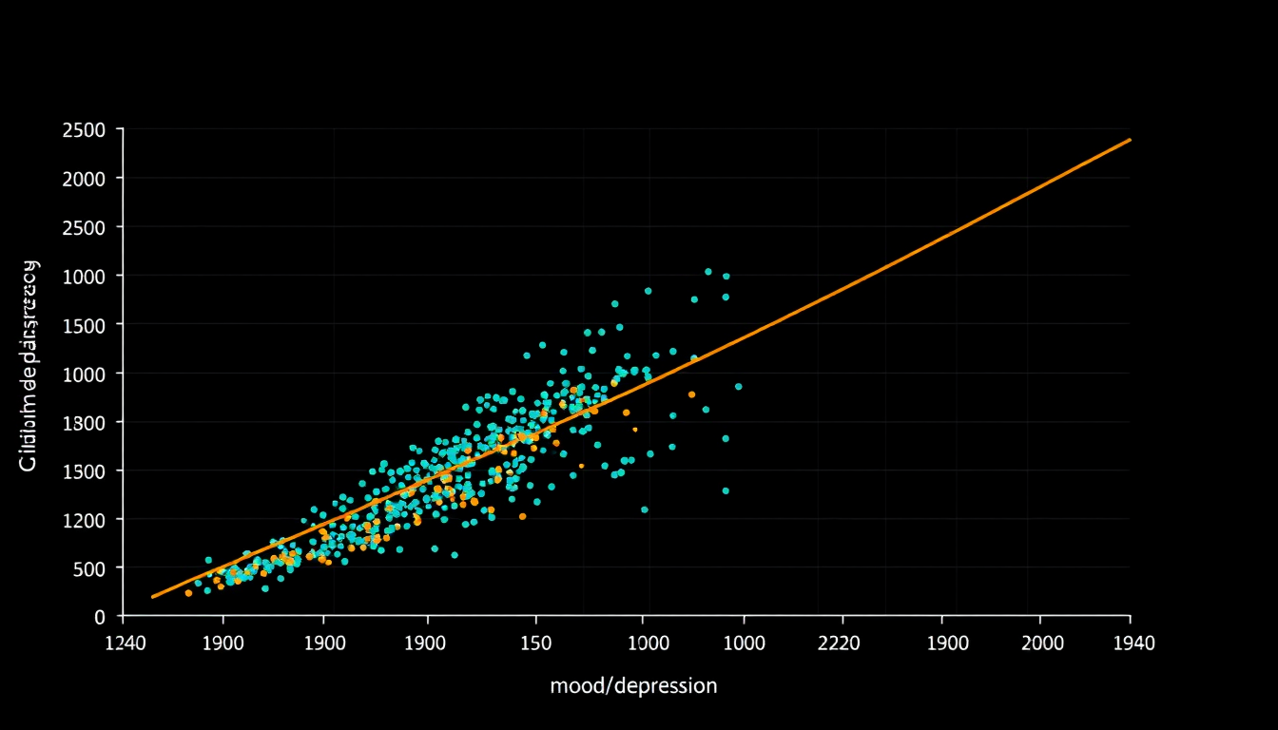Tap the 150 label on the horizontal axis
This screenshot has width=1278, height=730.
tap(535, 644)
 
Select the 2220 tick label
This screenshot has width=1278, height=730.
tap(838, 644)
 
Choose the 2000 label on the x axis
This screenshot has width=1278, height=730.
tap(1042, 644)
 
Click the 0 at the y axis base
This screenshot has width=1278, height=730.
tap(99, 617)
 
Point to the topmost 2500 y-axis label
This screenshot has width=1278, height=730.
tap(87, 129)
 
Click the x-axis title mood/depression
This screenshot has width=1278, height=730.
tap(633, 685)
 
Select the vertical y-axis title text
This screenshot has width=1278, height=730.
tap(29, 366)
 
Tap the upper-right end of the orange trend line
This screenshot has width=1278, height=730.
tap(1130, 140)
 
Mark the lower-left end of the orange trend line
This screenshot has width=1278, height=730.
tap(153, 597)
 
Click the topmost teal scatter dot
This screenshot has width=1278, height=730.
tap(707, 271)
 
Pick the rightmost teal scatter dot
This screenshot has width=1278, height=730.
tap(738, 386)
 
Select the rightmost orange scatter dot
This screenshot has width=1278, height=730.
tap(691, 394)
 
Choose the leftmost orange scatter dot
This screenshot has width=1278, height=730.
tap(188, 593)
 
